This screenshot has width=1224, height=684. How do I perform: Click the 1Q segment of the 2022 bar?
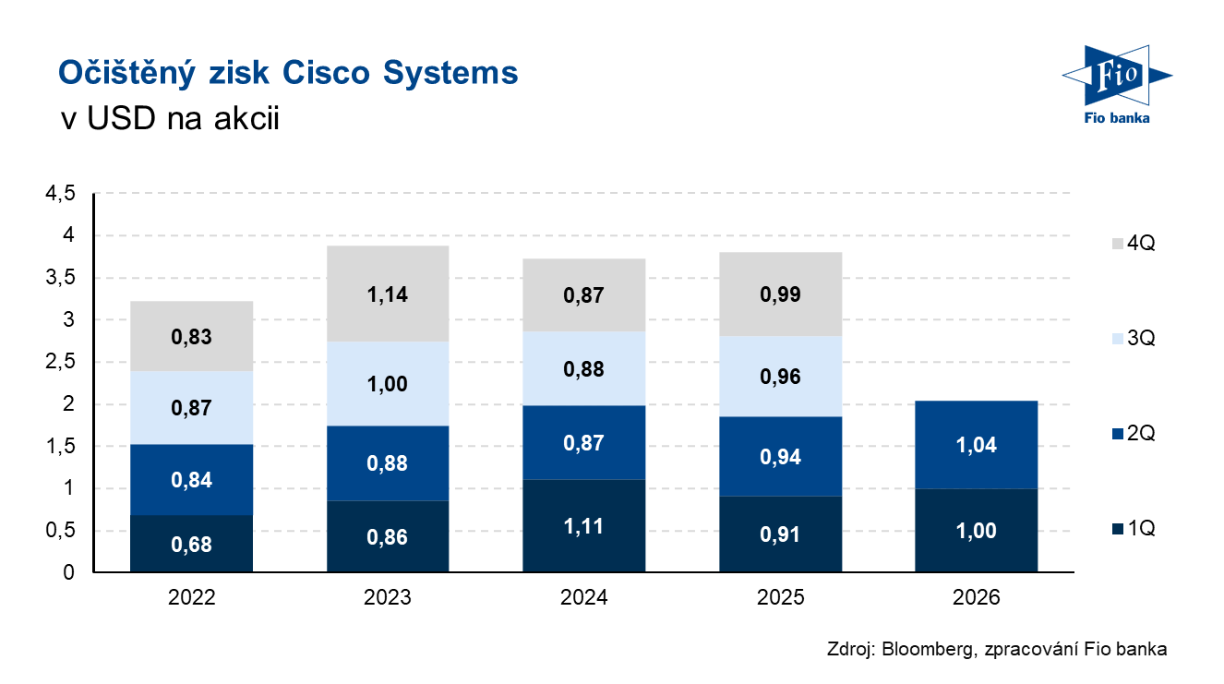point(191,544)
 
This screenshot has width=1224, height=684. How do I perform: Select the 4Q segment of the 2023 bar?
point(388,294)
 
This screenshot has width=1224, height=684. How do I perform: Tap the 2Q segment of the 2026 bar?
point(977,445)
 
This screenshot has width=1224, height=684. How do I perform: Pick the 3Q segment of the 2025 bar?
point(780,377)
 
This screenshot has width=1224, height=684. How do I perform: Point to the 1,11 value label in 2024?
point(583,527)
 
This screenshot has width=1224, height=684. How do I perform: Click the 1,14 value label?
point(388,295)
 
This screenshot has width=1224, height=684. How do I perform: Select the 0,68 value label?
point(191,545)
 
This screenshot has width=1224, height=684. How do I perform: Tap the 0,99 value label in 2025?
point(780,294)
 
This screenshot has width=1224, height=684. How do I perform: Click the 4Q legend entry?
point(1134,243)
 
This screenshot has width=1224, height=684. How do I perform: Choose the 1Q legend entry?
point(1134,528)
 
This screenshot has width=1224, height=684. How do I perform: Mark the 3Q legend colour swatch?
point(1118,339)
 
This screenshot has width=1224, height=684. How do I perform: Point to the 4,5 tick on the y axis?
point(60,193)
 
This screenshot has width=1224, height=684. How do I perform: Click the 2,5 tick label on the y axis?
point(60,361)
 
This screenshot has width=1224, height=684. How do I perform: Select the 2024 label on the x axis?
point(583,597)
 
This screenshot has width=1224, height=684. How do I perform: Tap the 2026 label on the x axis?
point(977,597)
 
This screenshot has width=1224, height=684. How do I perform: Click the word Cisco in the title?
point(326,73)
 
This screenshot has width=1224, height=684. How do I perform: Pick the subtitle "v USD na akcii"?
point(170,118)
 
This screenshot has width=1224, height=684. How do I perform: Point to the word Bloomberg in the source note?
point(929,649)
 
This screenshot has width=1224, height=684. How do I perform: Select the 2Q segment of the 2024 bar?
point(583,442)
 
